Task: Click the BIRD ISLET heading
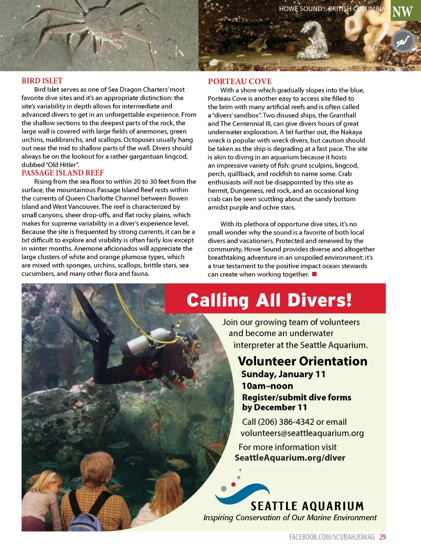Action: (42, 81)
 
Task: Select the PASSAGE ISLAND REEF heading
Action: (62, 173)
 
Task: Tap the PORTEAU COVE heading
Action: (240, 81)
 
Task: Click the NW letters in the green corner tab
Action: (402, 12)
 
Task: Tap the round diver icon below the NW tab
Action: (403, 41)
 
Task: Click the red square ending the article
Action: (315, 274)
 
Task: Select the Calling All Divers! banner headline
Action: (269, 300)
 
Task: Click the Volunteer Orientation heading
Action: (303, 361)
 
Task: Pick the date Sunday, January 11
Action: (283, 374)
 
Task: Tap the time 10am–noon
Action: (267, 386)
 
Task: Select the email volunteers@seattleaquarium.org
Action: (302, 433)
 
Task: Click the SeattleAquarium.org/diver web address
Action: (290, 458)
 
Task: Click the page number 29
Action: (382, 537)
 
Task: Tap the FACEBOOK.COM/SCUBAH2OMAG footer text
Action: (332, 537)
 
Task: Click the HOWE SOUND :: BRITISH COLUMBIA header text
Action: (332, 9)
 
